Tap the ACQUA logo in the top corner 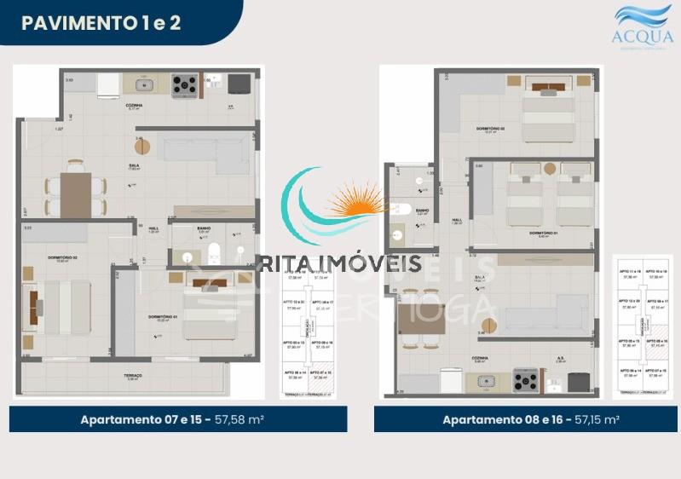click(643, 25)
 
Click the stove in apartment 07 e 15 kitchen click(185, 84)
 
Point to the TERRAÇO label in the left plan click(131, 375)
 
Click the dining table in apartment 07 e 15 click(75, 195)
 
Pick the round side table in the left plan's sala click(141, 147)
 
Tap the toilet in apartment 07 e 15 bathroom click(213, 253)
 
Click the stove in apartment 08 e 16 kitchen click(525, 379)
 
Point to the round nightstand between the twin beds click(550, 168)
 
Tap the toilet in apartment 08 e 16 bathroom click(401, 209)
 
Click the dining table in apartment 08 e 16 click(421, 319)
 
